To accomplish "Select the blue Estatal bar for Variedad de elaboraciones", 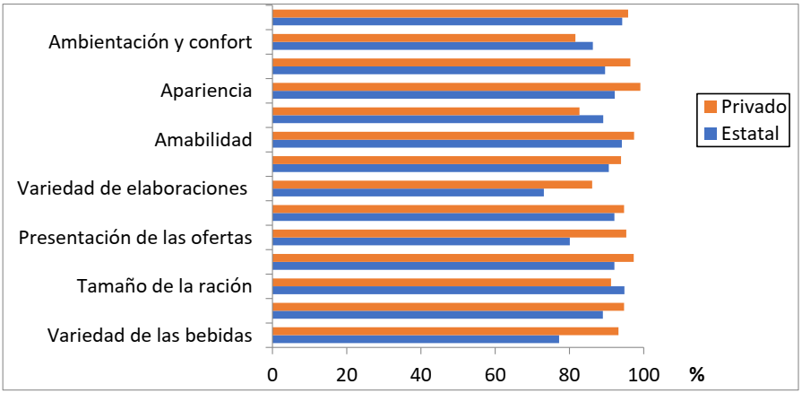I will tap(408, 192).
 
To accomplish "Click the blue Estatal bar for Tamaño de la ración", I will tap(448, 290).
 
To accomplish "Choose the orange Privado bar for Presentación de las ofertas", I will tap(449, 233).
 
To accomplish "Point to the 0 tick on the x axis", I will tap(272, 374).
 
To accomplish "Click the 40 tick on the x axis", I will tap(420, 374).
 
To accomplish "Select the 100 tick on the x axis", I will tap(642, 374).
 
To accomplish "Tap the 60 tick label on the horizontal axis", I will tap(495, 374).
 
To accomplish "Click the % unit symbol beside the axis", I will tap(696, 374).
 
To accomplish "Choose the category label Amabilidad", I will tap(203, 139).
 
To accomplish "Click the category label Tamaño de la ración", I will tap(163, 287).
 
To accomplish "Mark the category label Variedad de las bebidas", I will tap(149, 336).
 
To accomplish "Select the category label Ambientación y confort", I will tap(150, 42).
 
